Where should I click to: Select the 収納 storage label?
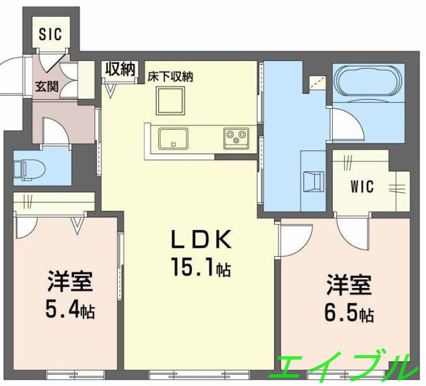tap(119, 69)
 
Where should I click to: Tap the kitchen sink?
tap(173, 139)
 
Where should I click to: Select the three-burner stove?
tap(234, 139)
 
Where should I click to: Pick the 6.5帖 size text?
tap(349, 312)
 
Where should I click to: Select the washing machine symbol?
tap(313, 181)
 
